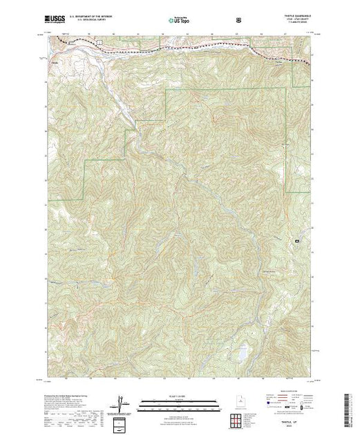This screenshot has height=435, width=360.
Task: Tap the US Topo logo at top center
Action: click(x=179, y=19)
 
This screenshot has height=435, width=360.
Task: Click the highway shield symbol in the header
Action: click(x=239, y=19)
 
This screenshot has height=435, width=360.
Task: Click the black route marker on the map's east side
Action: click(x=297, y=241)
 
